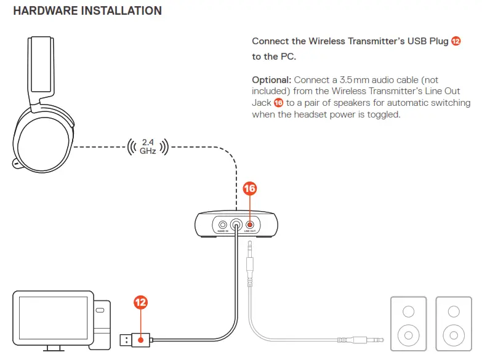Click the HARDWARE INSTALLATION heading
87,11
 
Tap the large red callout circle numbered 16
249,189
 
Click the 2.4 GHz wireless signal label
147,146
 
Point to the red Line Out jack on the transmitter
250,225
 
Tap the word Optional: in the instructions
272,80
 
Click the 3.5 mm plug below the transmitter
249,265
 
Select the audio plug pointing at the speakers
363,339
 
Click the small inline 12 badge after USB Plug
456,41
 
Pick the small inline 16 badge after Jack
278,103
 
